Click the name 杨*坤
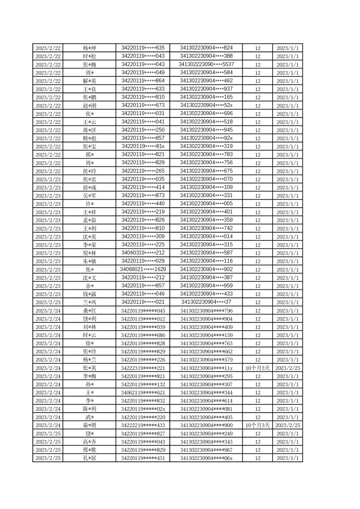89,48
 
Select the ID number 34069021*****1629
143,269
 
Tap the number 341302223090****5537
207,64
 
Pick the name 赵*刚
89,106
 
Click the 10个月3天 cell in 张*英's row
257,368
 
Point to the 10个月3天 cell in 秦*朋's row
257,426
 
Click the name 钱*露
89,294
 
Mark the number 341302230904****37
207,303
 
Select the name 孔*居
89,458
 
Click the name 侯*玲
89,171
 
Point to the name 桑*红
89,311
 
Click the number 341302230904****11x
207,368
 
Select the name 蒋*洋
89,130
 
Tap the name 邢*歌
89,450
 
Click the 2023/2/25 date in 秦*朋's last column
287,426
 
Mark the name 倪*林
89,253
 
